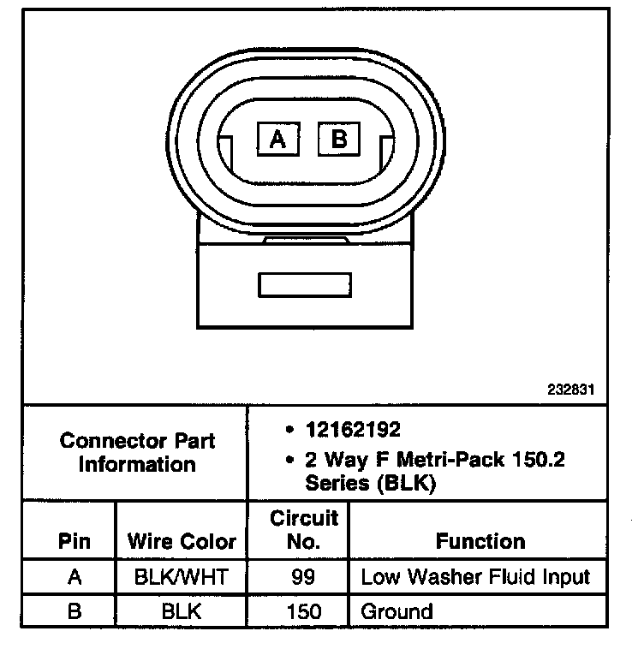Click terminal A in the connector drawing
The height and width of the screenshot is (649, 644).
(x=277, y=138)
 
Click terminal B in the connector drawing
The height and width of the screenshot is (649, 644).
(x=340, y=138)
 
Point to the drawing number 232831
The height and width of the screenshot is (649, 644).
(x=571, y=389)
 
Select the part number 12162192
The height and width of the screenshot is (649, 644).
(x=353, y=429)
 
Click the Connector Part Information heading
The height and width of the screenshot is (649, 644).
(x=137, y=453)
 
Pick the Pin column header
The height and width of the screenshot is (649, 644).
(x=75, y=541)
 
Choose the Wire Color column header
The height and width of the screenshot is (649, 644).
(x=181, y=541)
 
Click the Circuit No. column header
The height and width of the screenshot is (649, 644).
(x=304, y=529)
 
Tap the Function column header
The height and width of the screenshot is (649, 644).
(x=480, y=541)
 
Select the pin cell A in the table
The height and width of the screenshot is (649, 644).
(x=75, y=576)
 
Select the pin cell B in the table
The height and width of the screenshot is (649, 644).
(x=75, y=611)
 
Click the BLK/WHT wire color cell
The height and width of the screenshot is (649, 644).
(x=181, y=576)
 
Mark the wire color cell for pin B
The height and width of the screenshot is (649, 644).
(x=181, y=611)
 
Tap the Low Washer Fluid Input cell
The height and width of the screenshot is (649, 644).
(x=475, y=576)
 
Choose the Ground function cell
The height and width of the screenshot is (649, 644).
(x=397, y=611)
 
